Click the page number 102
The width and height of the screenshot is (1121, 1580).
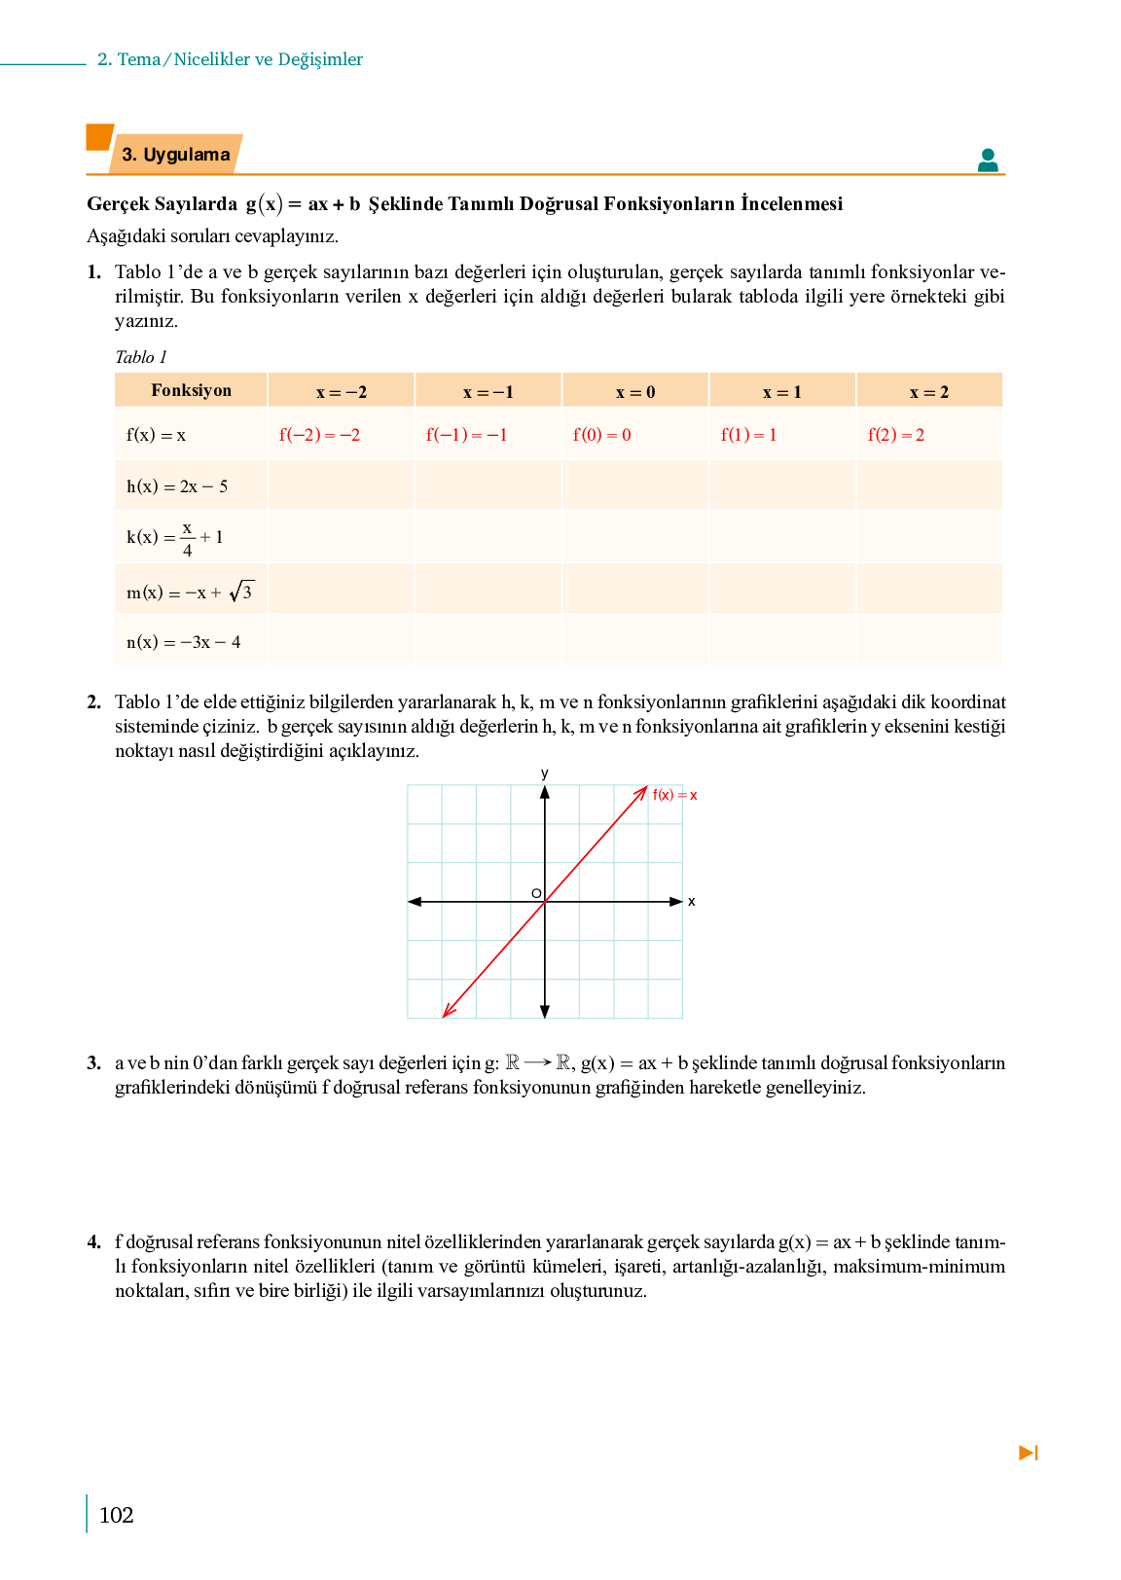pos(116,1515)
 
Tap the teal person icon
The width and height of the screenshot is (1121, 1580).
pos(988,161)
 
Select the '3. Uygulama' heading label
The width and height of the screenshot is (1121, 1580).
pos(176,155)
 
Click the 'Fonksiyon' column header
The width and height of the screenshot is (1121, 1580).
pos(191,390)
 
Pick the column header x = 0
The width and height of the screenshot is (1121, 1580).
pos(635,392)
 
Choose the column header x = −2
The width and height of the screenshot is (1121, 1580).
pos(342,392)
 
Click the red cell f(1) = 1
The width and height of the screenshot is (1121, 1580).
pos(748,435)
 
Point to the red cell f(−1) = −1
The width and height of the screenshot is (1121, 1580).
pos(466,435)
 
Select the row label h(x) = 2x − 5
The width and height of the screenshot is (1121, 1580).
pos(177,486)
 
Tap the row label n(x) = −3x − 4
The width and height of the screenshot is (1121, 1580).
pos(184,642)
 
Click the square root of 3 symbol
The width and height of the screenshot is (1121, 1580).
pos(241,592)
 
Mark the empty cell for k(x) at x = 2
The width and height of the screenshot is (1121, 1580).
pos(929,537)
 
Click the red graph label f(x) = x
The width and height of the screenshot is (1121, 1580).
pos(674,795)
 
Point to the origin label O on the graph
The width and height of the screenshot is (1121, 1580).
pos(535,893)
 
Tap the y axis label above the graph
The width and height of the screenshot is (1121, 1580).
pos(545,773)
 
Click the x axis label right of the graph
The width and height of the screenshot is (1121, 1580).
pos(692,902)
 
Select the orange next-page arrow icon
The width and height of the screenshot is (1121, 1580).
pos(1029,1453)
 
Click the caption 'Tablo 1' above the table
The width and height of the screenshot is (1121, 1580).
pos(141,357)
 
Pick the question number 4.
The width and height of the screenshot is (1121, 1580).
pos(93,1241)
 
